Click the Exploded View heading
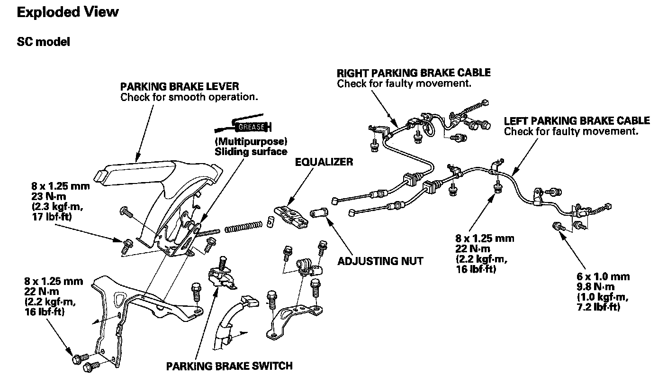[68, 12]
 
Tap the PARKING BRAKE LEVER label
[180, 87]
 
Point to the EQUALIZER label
[324, 162]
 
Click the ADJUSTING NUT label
[380, 261]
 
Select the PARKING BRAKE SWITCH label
[229, 366]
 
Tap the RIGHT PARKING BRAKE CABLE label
[414, 73]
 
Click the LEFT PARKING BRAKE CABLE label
[577, 121]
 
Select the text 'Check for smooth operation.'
[189, 98]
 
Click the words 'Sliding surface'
[251, 152]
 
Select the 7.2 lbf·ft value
[598, 307]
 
